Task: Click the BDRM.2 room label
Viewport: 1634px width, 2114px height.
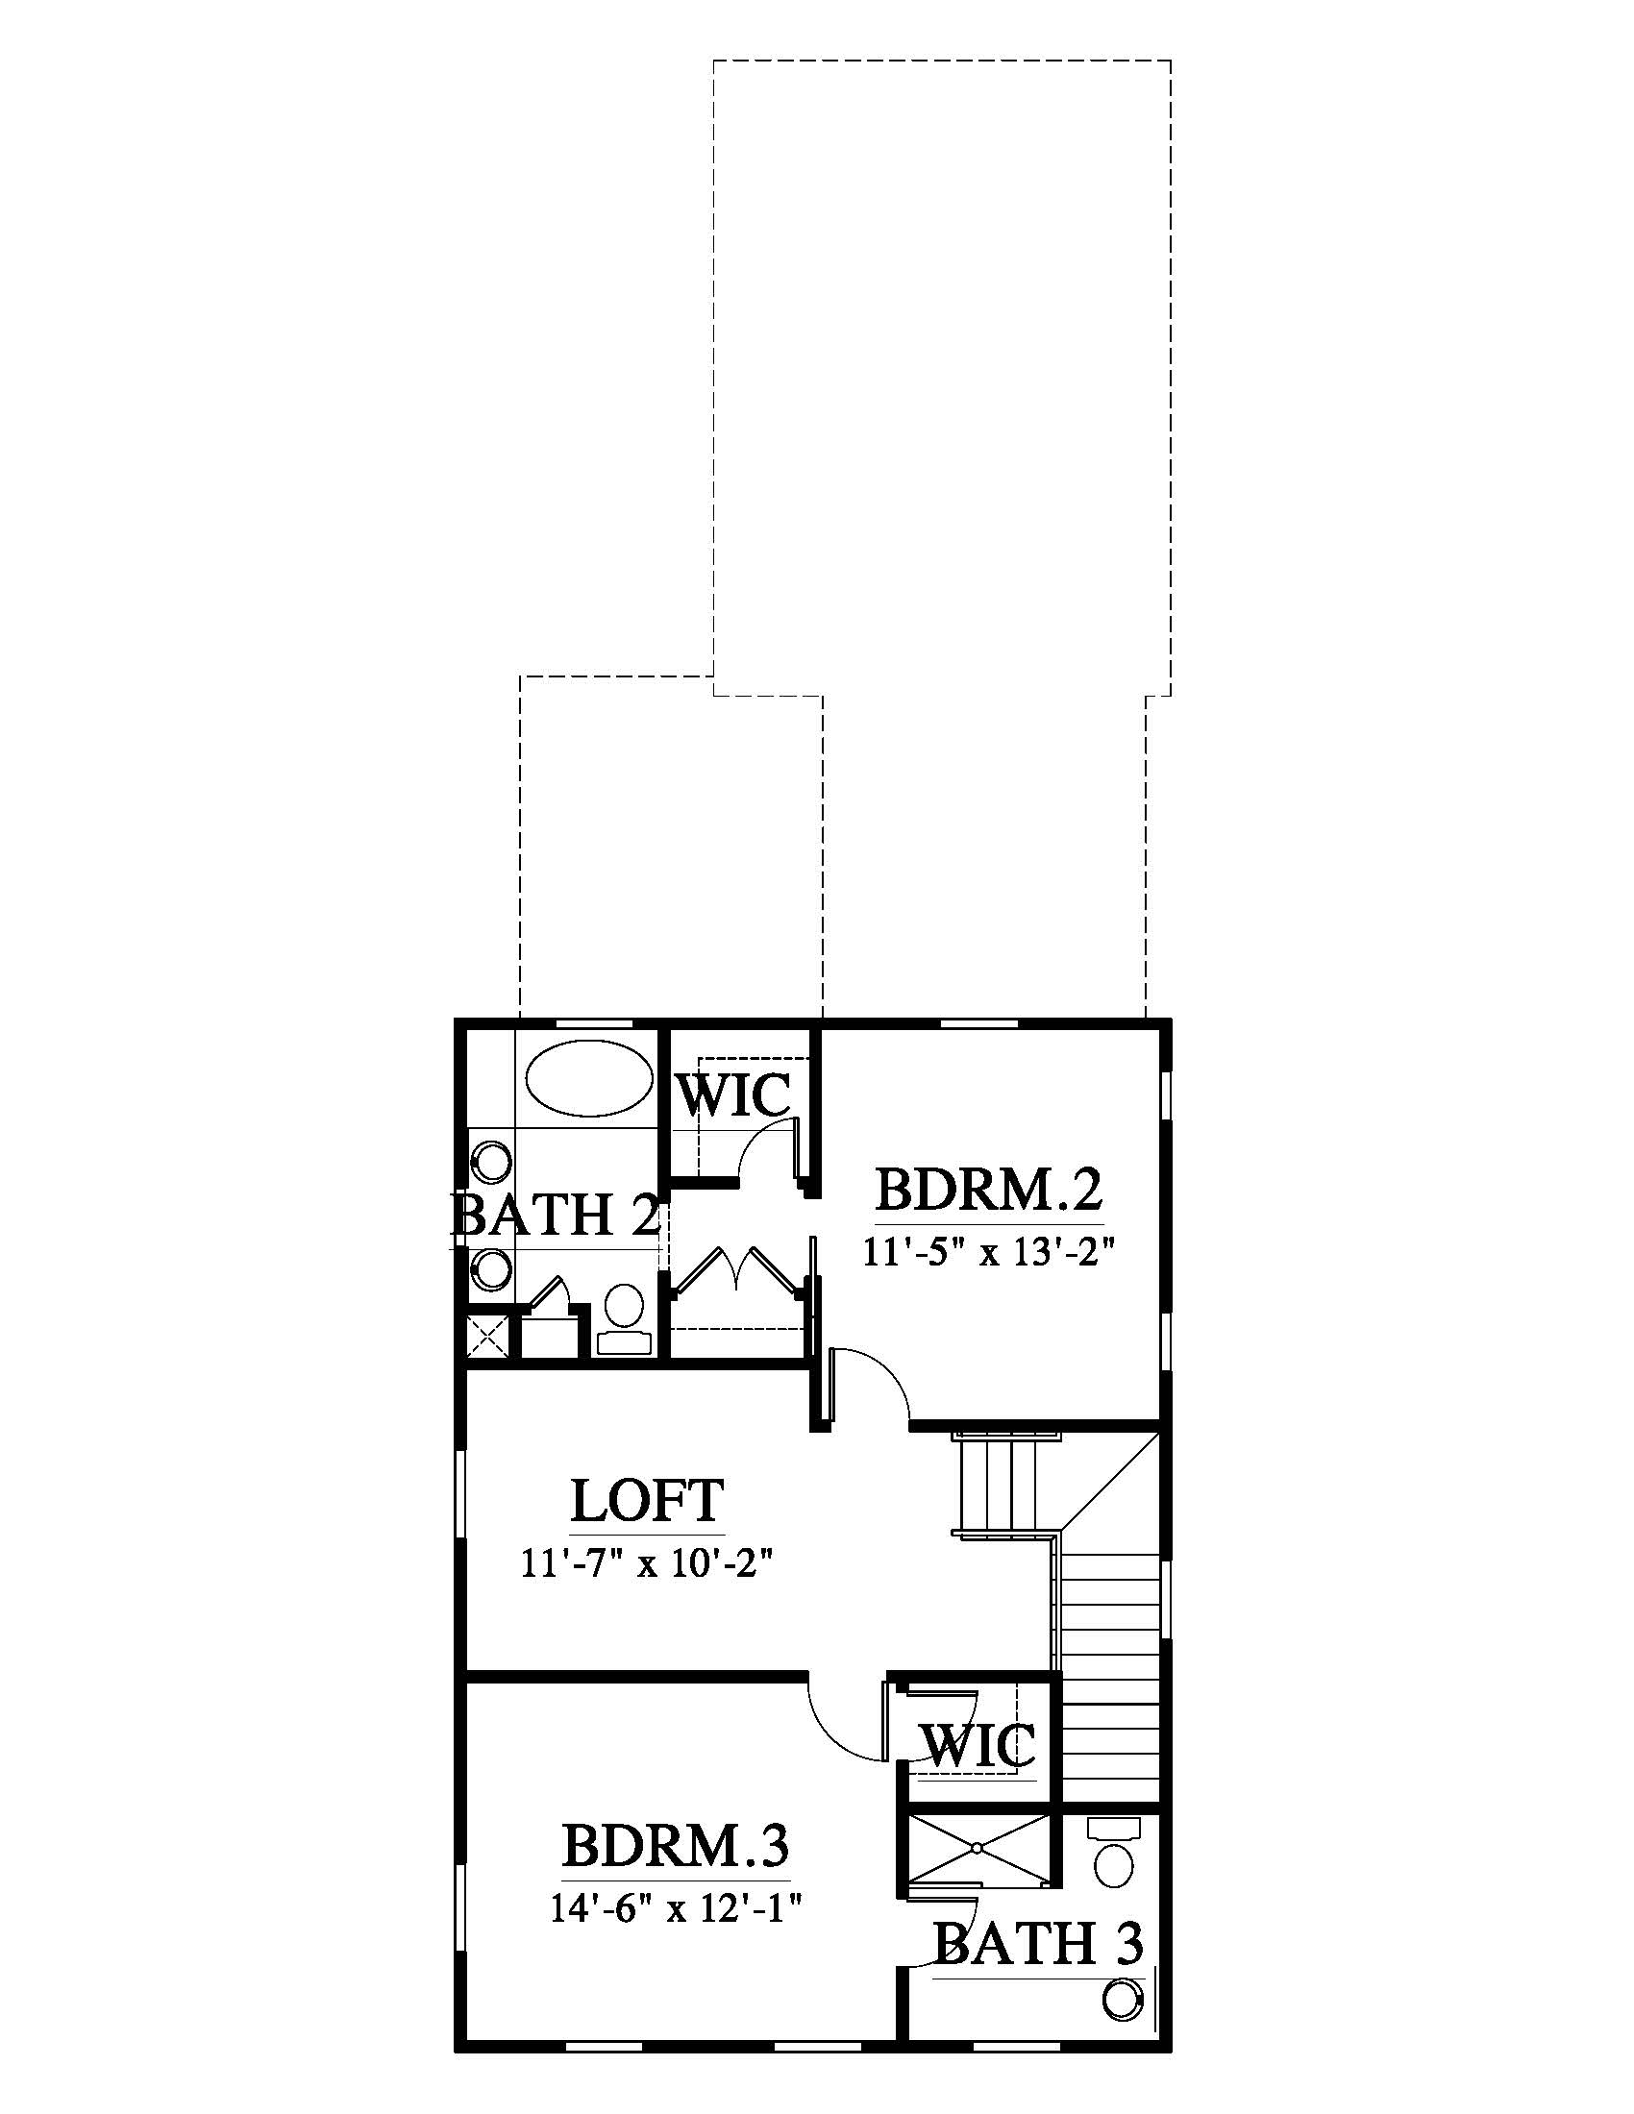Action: coord(989,1190)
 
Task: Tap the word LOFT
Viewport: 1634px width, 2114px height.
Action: coord(647,1500)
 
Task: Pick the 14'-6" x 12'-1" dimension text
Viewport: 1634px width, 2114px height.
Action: coord(677,1907)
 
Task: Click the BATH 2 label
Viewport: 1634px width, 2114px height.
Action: coord(556,1214)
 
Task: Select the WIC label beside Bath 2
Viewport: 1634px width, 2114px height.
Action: coord(732,1094)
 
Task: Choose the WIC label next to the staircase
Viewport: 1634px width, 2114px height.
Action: coord(978,1745)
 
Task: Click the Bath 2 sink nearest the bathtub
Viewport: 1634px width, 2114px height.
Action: coord(491,1162)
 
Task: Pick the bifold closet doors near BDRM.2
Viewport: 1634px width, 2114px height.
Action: coord(737,1269)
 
